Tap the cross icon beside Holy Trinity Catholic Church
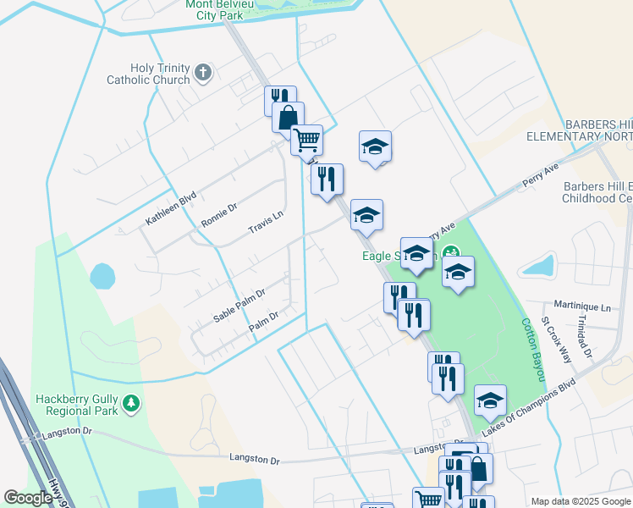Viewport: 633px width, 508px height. pos(202,74)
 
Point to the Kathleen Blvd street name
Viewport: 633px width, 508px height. pos(171,208)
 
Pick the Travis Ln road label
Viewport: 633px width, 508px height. pos(264,224)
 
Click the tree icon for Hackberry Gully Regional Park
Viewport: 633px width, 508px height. pos(130,404)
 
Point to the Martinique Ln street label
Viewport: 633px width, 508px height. pos(581,306)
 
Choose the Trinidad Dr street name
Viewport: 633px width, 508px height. pos(585,334)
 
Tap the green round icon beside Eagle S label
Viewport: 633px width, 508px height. pos(452,251)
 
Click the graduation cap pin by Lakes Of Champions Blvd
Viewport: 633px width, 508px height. pos(490,402)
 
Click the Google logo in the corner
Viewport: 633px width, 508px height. pos(28,498)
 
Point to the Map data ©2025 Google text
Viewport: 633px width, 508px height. pos(580,501)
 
